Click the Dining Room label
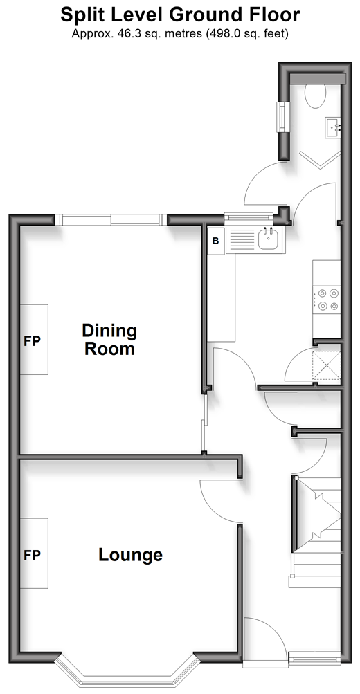[109, 340]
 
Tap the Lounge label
[130, 555]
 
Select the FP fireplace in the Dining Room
[34, 340]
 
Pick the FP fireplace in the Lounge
[34, 554]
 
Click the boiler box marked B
[216, 241]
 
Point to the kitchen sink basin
[269, 239]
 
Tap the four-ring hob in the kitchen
[326, 299]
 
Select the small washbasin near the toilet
[333, 128]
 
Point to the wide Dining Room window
[111, 220]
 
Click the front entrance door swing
[264, 643]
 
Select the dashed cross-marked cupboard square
[327, 365]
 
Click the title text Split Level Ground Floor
[180, 15]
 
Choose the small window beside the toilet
[281, 117]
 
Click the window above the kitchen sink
[248, 217]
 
